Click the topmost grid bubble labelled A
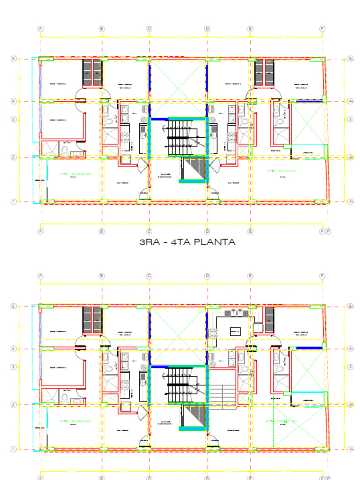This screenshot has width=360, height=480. tap(41, 29)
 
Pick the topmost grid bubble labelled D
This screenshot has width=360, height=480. tap(207, 29)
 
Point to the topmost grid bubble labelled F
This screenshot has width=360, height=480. tap(322, 29)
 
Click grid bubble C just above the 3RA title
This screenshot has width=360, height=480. tap(149, 231)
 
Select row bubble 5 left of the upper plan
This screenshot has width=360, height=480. tap(14, 59)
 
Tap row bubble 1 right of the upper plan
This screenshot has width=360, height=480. tap(350, 202)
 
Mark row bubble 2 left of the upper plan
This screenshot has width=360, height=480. tap(14, 157)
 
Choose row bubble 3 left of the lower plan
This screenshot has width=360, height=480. tap(14, 367)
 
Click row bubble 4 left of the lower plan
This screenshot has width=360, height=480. tap(14, 349)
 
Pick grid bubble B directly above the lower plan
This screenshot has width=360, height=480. tap(101, 276)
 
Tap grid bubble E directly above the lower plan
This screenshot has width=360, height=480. tap(250, 276)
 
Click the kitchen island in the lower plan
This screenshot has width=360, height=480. tap(235, 331)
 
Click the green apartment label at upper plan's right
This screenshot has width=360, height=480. tap(281, 171)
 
